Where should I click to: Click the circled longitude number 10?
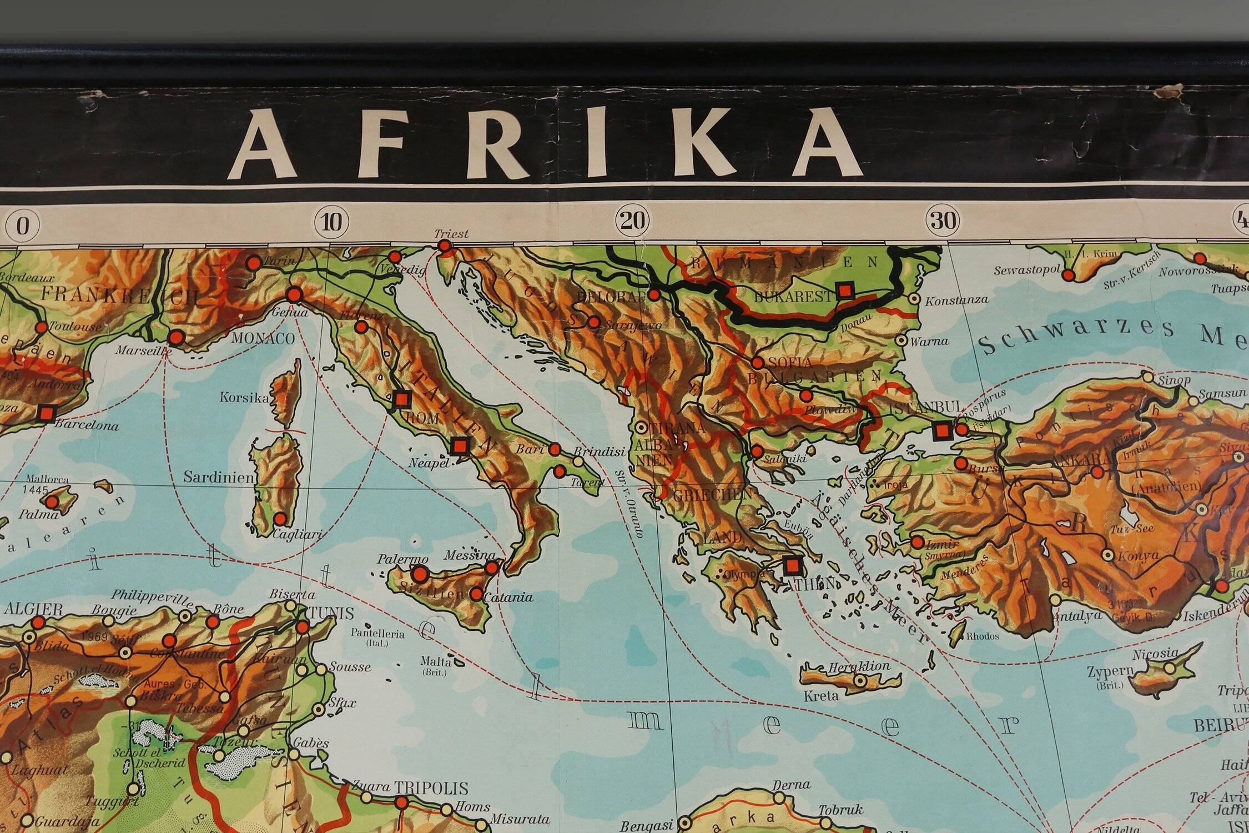(x=331, y=222)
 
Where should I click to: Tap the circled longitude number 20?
(x=632, y=222)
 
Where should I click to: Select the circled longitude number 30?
(x=943, y=221)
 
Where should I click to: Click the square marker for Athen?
(x=792, y=566)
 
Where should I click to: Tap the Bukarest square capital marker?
(x=845, y=290)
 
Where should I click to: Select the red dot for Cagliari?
(x=280, y=519)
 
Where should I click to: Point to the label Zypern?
(x=1110, y=671)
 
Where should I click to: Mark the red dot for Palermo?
(x=420, y=574)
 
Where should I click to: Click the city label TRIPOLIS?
(x=432, y=787)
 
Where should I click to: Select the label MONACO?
(x=263, y=338)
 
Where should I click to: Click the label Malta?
(x=431, y=661)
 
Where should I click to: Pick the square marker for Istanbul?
(x=941, y=430)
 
